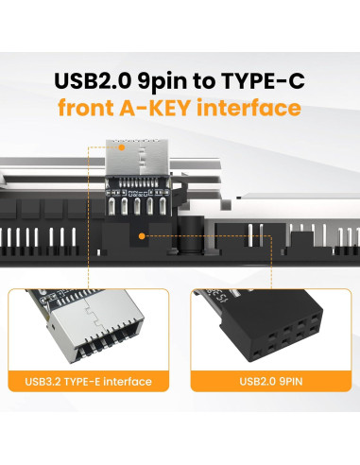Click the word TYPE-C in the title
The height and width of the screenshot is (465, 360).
(265, 79)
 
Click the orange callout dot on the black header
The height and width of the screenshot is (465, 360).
(142, 237)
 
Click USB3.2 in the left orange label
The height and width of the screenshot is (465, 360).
(47, 383)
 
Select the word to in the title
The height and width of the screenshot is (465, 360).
(209, 79)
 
